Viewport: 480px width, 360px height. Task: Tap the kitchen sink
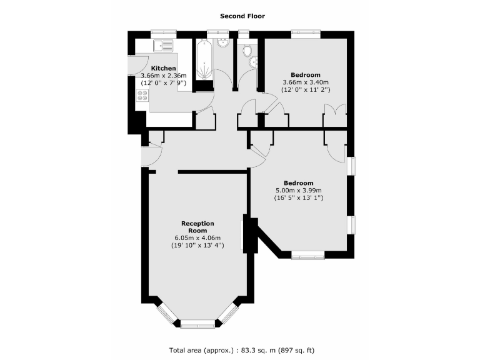point(164,46)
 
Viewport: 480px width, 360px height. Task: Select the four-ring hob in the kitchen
point(142,96)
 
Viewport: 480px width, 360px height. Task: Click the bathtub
point(204,60)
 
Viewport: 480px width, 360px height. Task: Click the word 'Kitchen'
point(163,68)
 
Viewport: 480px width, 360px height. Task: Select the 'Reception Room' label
point(197,227)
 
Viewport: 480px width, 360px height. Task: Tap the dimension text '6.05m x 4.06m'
point(197,238)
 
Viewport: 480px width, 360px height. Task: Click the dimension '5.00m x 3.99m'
point(298,191)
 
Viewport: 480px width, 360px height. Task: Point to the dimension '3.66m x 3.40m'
point(306,82)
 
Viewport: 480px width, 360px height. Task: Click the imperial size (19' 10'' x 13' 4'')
point(197,246)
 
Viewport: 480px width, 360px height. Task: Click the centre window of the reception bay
point(197,324)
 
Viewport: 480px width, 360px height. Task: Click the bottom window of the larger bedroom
point(307,254)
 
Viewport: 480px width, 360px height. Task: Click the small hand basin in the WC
point(252,62)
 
